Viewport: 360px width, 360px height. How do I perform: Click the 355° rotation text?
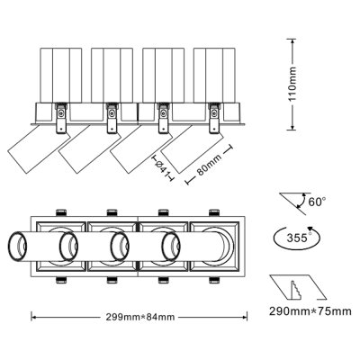(x=298, y=238)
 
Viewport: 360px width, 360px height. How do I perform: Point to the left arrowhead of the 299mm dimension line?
(x=34, y=316)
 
